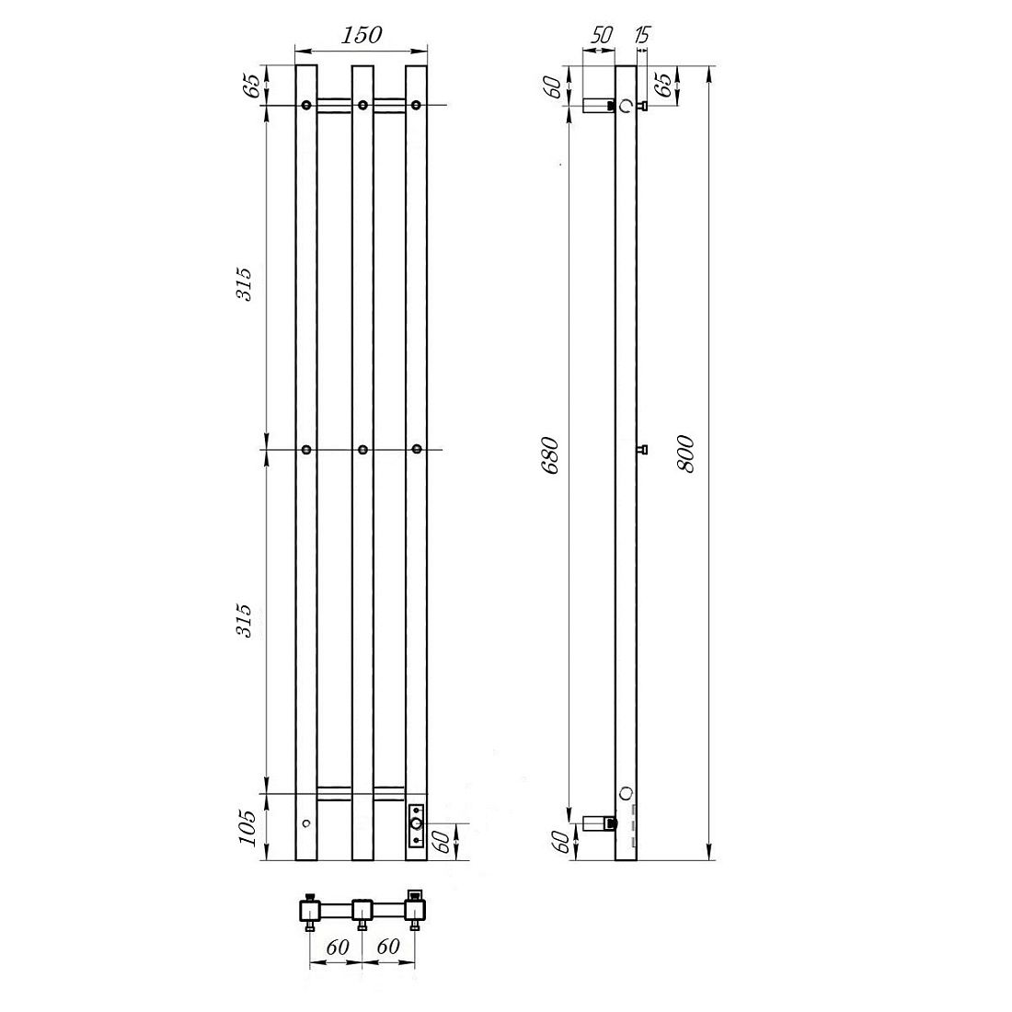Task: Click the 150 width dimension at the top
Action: [x=362, y=35]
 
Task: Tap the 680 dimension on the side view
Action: [x=550, y=455]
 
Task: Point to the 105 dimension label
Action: [x=248, y=827]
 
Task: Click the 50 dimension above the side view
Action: [x=601, y=36]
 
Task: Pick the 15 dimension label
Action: [x=642, y=35]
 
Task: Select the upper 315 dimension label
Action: [x=245, y=283]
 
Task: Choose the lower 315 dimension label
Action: [x=245, y=620]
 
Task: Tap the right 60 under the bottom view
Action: [x=387, y=946]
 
